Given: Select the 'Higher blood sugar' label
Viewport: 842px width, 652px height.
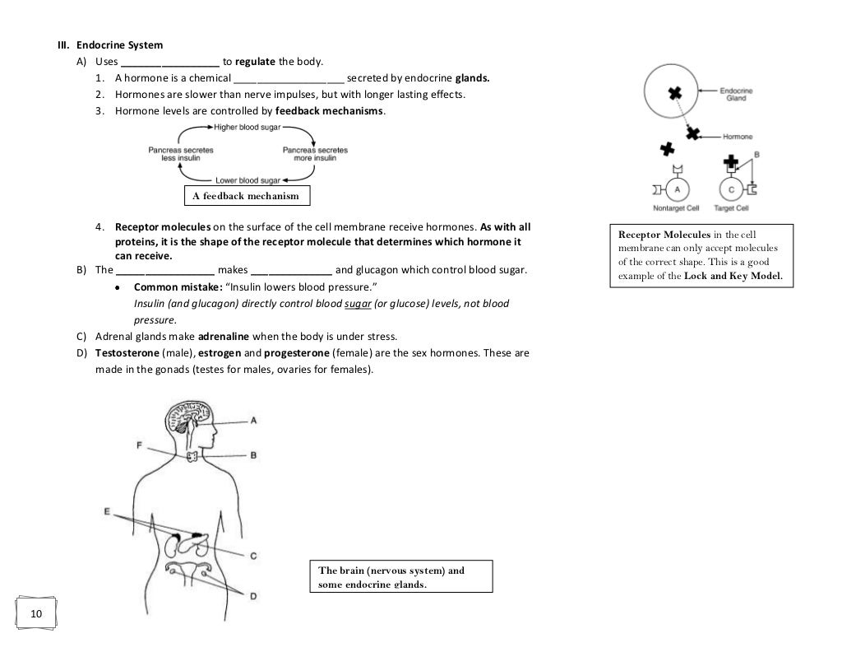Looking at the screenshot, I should pos(247,127).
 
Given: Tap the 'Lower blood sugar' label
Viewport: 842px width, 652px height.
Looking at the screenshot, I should pos(248,180).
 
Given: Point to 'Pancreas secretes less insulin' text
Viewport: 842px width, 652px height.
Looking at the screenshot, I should pos(181,154).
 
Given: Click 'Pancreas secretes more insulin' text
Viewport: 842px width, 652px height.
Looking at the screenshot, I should pos(315,154).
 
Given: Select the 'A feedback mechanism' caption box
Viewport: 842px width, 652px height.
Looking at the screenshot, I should pos(246,196).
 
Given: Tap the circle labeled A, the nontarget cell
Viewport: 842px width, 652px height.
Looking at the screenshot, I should pos(678,189).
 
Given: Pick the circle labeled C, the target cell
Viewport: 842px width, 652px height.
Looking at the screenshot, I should pos(731,189).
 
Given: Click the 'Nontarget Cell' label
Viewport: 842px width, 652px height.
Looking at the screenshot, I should pos(676,208).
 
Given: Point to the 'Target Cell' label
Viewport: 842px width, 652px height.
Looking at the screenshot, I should pos(730,208).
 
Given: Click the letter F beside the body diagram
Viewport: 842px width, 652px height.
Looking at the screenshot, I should pos(139,445).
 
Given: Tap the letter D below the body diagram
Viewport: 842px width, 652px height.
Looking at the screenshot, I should pos(253,595).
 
